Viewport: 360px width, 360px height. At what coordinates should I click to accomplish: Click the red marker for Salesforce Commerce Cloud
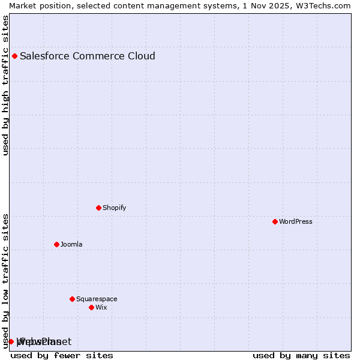[15, 56]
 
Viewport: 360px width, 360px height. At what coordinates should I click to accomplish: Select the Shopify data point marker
[99, 208]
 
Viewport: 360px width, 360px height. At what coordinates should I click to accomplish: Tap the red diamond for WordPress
[275, 222]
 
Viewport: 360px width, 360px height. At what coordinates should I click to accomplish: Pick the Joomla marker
[57, 245]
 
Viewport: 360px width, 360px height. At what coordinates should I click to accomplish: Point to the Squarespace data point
[73, 299]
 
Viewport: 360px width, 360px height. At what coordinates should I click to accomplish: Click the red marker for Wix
[92, 308]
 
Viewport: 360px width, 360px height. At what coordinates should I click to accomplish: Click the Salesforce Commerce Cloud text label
[88, 56]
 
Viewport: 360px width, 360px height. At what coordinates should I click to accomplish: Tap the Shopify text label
[115, 208]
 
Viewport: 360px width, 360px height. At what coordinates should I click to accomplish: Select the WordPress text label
[296, 222]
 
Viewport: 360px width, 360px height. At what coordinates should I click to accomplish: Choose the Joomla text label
[71, 245]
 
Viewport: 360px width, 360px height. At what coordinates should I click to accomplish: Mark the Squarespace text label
[97, 299]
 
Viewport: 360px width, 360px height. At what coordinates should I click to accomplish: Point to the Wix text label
[101, 308]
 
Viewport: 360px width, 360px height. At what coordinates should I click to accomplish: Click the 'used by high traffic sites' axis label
[6, 85]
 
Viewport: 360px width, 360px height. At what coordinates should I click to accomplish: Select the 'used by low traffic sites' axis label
[6, 280]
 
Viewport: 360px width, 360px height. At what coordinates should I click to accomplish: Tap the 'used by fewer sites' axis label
[62, 356]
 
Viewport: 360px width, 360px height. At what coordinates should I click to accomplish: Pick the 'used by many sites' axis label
[301, 356]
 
